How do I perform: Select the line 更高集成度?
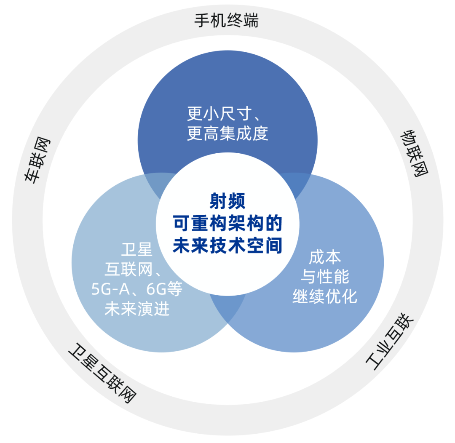(x=227, y=133)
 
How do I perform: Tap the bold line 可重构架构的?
(x=227, y=224)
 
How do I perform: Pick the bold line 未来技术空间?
(x=227, y=246)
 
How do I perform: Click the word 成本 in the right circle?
(x=324, y=257)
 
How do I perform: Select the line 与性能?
(x=324, y=277)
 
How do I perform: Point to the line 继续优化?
(x=324, y=296)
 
